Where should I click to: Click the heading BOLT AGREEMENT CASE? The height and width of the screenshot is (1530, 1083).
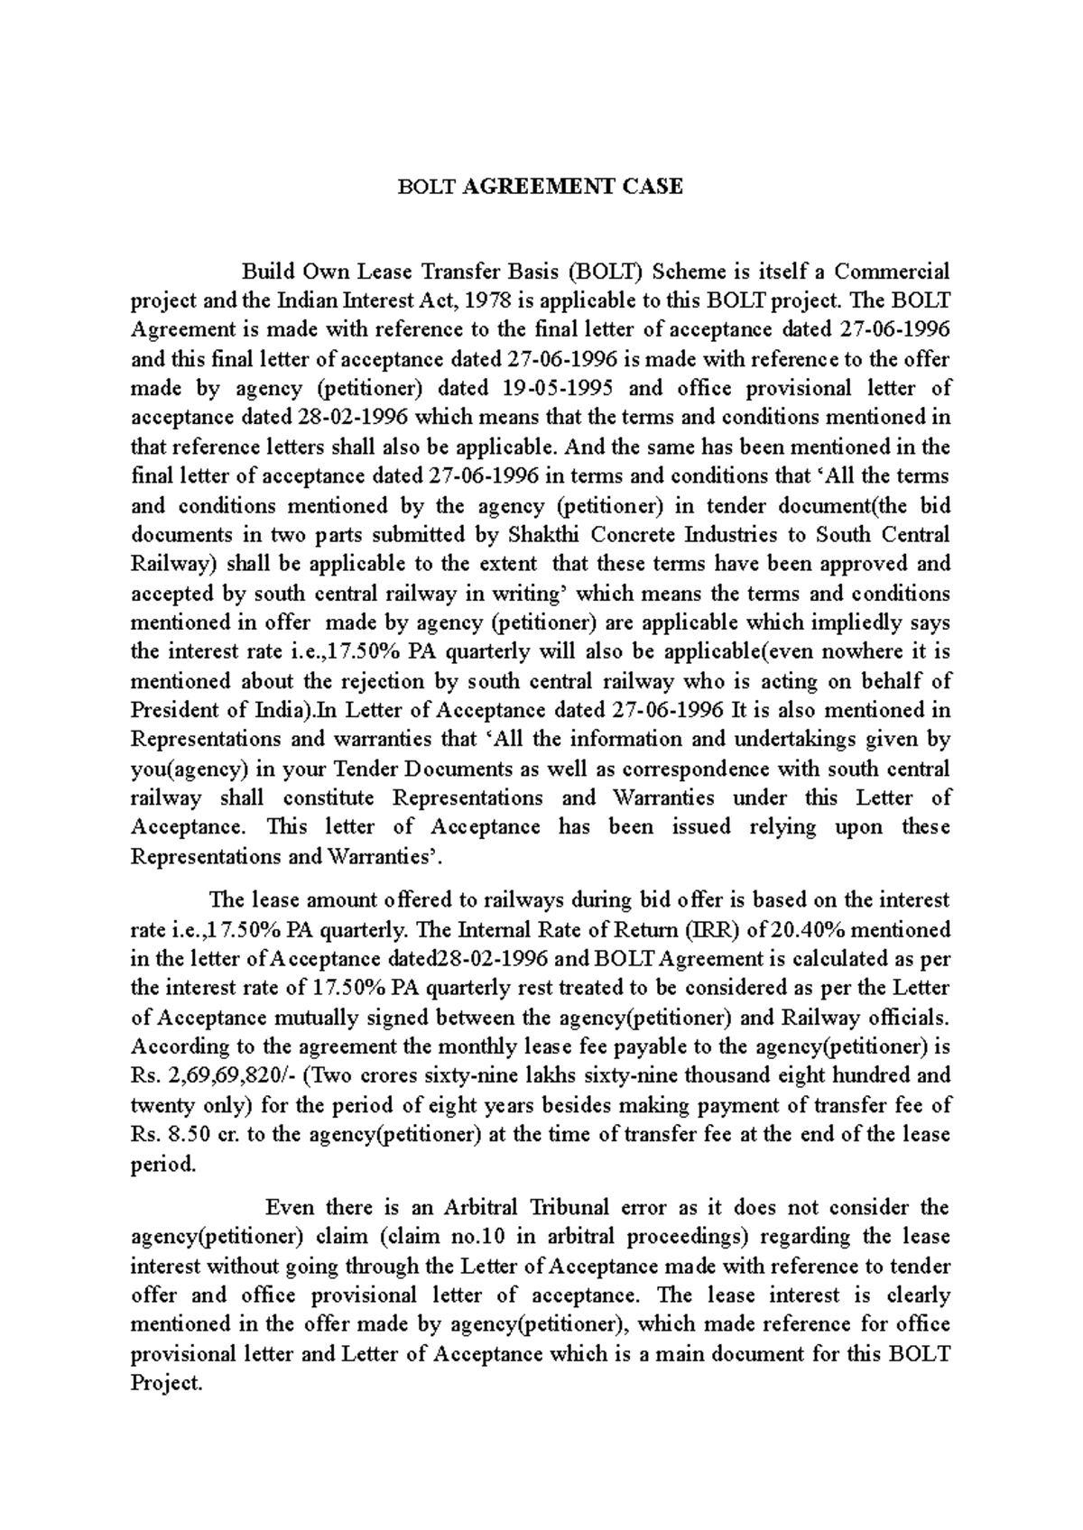point(541,187)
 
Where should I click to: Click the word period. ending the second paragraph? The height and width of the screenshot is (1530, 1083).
point(162,1163)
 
